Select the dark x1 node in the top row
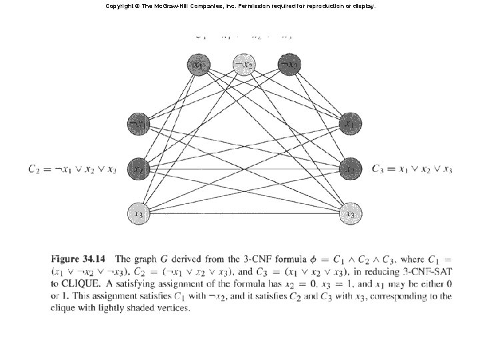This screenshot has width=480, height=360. (x=198, y=65)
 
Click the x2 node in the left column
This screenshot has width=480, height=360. (x=138, y=169)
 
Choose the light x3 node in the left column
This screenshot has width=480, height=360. (x=138, y=213)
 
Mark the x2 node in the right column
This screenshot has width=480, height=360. (x=350, y=169)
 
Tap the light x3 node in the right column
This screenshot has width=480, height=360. (x=350, y=213)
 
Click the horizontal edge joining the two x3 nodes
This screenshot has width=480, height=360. (x=244, y=213)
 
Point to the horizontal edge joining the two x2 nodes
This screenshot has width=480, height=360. (x=244, y=169)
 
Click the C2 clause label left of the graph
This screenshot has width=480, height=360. (x=73, y=169)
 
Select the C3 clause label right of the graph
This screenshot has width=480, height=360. (x=412, y=169)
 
